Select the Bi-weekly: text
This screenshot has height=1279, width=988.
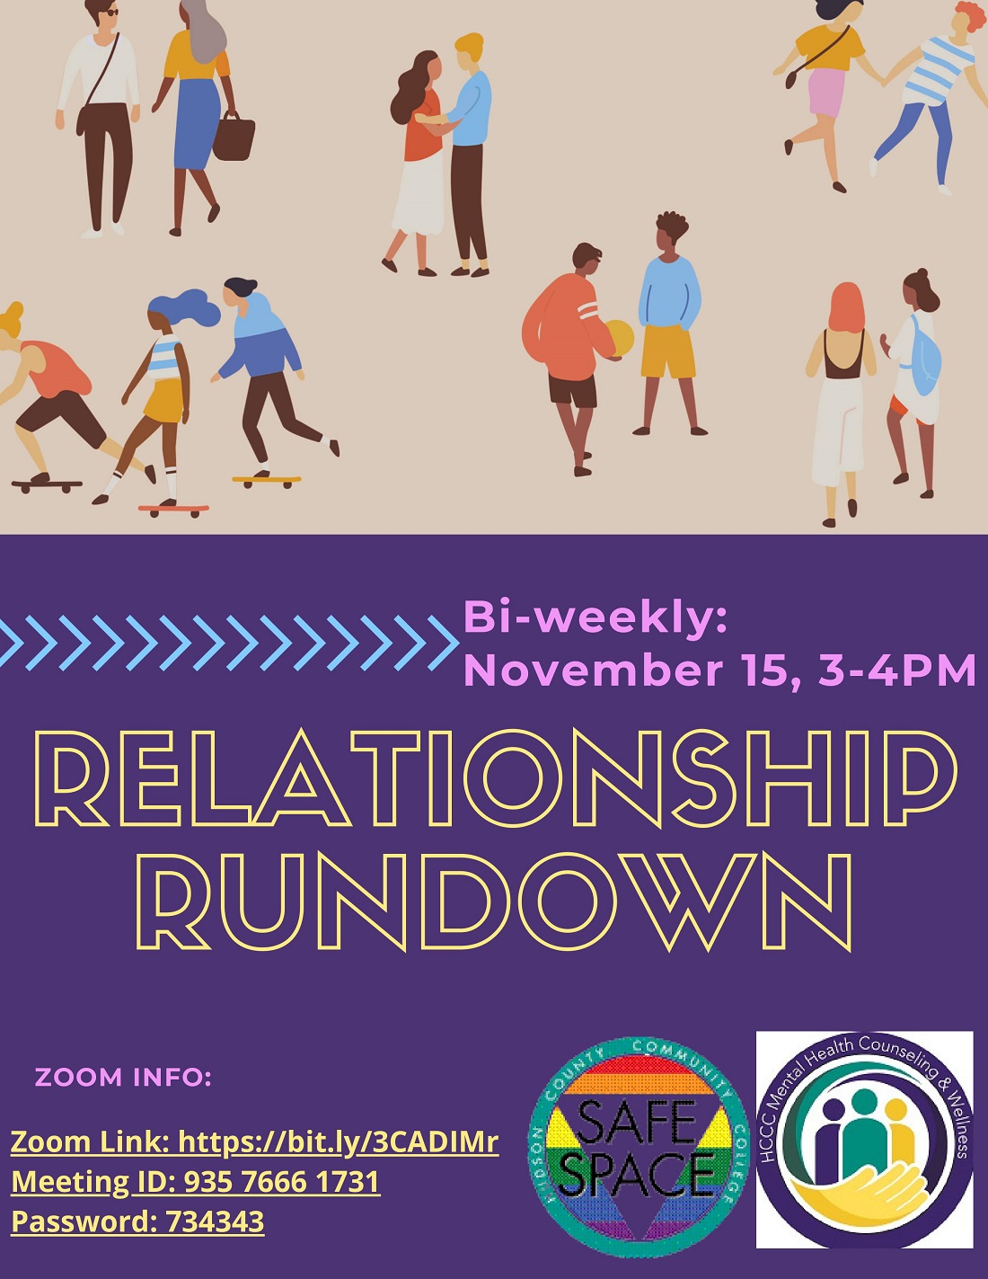[595, 618]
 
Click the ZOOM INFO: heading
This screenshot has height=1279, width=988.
[123, 1077]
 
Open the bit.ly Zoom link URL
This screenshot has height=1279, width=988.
[338, 1142]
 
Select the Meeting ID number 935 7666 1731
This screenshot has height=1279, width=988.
[282, 1182]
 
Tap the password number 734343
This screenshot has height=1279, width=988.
[215, 1221]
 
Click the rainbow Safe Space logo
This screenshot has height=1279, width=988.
[640, 1148]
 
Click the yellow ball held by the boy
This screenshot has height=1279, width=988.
[620, 339]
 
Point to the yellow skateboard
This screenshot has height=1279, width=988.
[267, 481]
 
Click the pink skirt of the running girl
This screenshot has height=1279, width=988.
[827, 93]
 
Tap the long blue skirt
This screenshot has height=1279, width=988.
[195, 124]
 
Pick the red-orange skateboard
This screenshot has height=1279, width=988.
[173, 509]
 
